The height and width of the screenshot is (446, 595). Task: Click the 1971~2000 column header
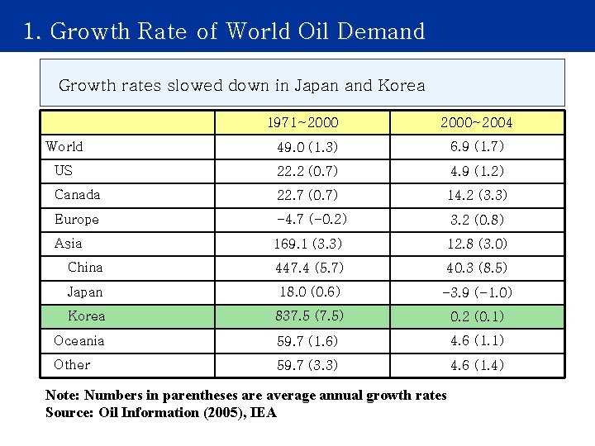302,122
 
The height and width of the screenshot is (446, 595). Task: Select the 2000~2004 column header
476,122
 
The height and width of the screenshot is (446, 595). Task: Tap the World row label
64,146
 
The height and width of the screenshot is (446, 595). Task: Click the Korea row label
86,316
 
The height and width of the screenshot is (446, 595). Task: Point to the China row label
85,267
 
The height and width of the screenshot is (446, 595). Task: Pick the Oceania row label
79,340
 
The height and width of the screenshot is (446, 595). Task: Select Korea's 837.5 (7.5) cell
310,316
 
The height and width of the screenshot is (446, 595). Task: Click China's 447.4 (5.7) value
310,268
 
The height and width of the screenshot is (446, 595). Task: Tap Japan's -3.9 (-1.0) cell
477,292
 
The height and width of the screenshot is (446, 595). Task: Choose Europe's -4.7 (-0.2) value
312,219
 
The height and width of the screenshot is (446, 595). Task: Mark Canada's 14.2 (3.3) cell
477,195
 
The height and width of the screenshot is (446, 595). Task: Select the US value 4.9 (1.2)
477,171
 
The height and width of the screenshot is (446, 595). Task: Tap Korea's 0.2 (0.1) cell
477,316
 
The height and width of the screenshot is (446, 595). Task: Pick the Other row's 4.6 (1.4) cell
477,365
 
